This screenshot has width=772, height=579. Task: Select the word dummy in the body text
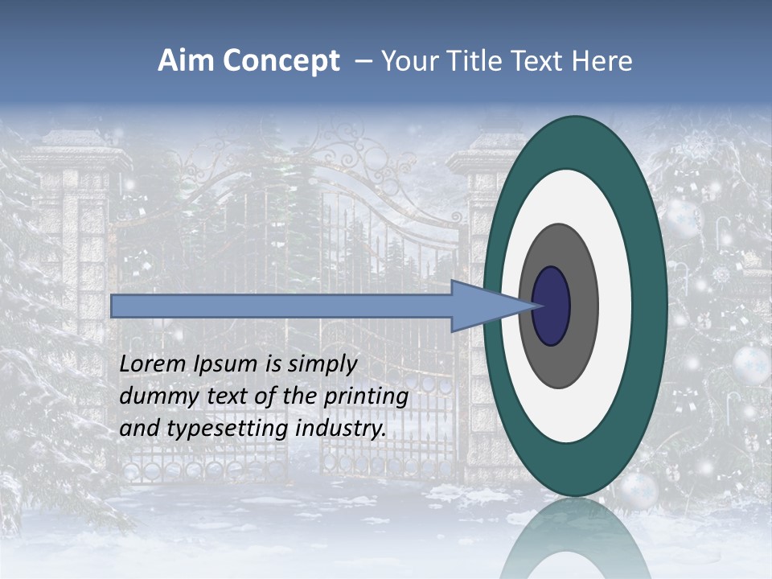[153, 396]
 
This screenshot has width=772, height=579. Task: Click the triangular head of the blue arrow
[482, 306]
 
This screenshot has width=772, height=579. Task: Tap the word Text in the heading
[542, 61]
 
